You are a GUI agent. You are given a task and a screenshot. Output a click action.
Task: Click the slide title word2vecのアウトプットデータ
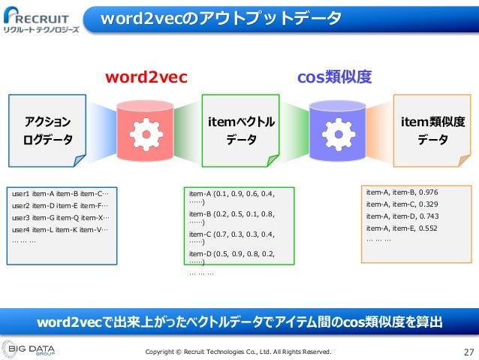coord(221,17)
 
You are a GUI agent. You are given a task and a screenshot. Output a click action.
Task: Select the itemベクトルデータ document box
coord(241,130)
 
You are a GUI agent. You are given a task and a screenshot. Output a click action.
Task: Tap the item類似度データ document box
coord(433,130)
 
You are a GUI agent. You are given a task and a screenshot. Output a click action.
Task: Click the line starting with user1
coord(60,193)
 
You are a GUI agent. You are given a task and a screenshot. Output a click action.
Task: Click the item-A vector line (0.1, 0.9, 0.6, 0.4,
coord(232,194)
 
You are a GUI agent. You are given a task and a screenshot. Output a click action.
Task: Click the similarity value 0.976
coord(426,192)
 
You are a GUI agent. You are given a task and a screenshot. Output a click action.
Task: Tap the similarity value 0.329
coord(426,204)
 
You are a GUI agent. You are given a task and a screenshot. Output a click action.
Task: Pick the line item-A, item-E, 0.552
coord(401,228)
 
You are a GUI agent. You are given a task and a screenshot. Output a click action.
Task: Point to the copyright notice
coord(237,351)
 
